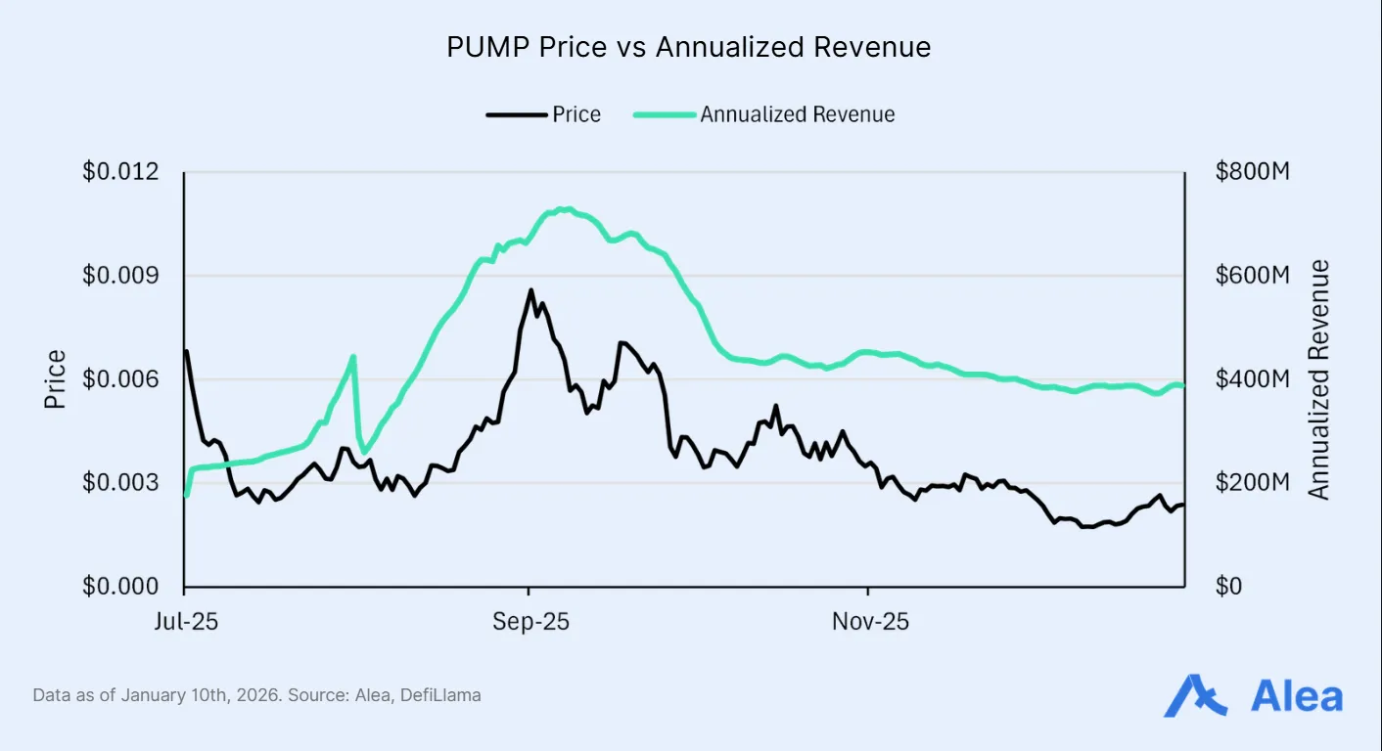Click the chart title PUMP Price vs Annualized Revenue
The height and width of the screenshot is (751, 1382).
(689, 47)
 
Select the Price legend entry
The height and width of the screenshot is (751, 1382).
(544, 114)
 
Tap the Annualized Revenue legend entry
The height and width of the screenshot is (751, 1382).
(764, 114)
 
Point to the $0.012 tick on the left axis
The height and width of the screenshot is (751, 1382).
(121, 173)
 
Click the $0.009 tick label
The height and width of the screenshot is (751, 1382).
(121, 276)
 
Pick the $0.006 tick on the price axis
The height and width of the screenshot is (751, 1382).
(121, 379)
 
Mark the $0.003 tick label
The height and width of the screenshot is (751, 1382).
(121, 483)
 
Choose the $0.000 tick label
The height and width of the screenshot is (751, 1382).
(121, 587)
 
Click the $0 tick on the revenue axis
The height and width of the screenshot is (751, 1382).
(1228, 587)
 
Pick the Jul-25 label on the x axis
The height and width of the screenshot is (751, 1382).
(184, 621)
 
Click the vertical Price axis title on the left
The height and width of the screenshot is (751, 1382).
(55, 379)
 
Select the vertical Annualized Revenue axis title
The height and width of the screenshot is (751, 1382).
(1319, 379)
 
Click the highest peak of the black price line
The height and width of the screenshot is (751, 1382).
(530, 289)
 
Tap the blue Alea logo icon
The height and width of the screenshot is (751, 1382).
(1194, 695)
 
